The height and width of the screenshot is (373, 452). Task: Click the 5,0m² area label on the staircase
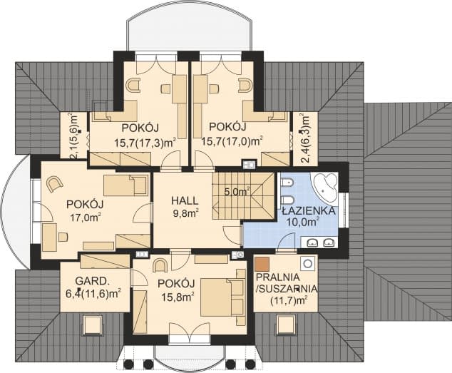(237, 191)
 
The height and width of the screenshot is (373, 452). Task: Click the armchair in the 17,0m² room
(54, 185)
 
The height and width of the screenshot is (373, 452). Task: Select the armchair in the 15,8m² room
(160, 266)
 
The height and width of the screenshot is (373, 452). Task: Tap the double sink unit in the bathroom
(319, 243)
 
